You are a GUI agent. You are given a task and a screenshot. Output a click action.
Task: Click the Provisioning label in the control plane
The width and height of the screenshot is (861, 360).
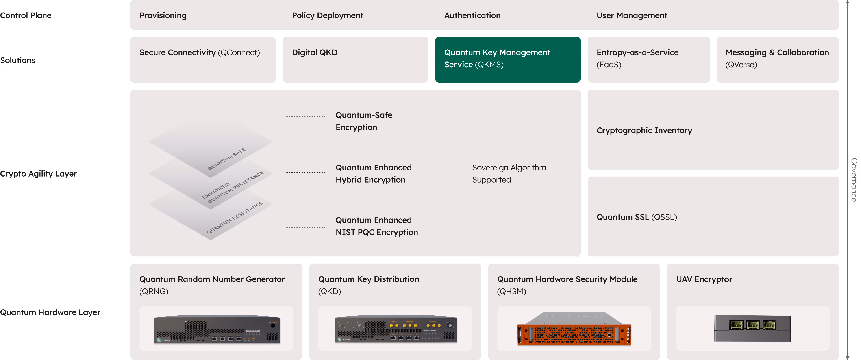[163, 15]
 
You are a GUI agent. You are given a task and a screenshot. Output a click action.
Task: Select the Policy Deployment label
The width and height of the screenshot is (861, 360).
[327, 15]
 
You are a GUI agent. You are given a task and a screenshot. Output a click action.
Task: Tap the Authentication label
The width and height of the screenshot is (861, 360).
[472, 15]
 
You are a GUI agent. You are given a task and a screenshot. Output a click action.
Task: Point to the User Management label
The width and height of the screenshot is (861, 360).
[632, 15]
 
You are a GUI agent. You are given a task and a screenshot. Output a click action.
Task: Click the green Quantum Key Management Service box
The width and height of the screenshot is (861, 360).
[507, 59]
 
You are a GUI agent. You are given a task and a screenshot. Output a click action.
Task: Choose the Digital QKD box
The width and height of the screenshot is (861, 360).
[355, 59]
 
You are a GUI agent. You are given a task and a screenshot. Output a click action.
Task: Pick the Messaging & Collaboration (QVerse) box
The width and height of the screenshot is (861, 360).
[777, 59]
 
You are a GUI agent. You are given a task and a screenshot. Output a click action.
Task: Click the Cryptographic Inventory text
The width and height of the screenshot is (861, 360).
[644, 130]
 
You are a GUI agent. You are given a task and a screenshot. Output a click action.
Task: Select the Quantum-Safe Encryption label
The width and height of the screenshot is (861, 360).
[364, 121]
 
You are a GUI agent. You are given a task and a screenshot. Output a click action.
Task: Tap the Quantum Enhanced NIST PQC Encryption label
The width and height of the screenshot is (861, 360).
[376, 226]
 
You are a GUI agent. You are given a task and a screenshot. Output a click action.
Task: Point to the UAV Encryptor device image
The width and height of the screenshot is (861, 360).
[752, 328]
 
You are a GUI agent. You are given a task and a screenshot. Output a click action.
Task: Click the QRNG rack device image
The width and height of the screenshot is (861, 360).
[217, 329]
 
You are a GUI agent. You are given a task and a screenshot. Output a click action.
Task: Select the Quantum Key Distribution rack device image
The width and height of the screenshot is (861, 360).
[396, 329]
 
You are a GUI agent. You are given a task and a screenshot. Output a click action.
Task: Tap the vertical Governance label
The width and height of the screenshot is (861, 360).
[853, 180]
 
